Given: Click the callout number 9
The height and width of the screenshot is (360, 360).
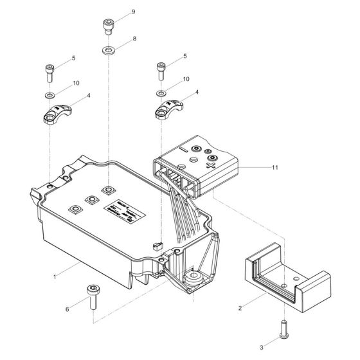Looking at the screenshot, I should [133, 12].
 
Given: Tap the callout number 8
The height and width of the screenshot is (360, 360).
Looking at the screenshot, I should [134, 39].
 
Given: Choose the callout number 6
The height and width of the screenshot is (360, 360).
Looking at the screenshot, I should [67, 310].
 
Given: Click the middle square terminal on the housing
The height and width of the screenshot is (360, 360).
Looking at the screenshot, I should [91, 200].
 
